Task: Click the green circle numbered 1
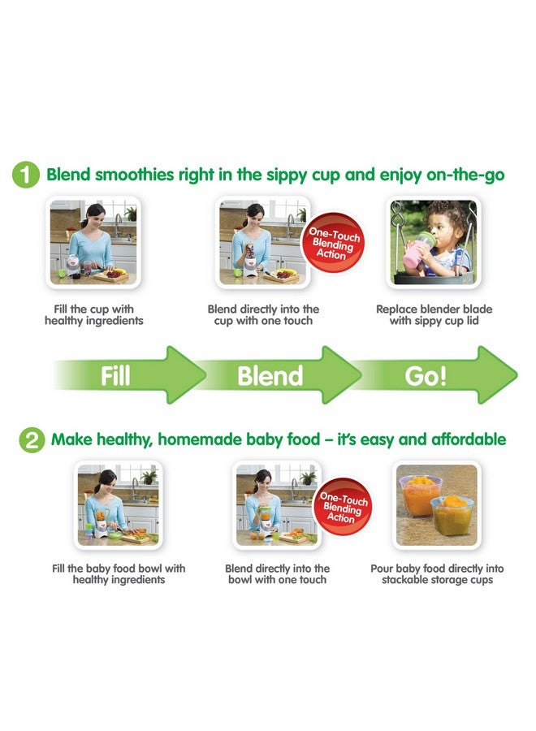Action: click(26, 175)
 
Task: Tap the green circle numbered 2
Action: click(31, 440)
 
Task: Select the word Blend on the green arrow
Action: click(270, 376)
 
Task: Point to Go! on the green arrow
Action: click(426, 376)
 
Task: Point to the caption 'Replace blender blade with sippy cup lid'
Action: click(434, 315)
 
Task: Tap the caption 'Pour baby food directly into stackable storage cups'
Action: click(437, 574)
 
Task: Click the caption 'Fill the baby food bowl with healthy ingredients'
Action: click(119, 574)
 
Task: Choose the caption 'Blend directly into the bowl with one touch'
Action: click(278, 574)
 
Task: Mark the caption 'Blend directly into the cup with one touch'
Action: click(264, 315)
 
